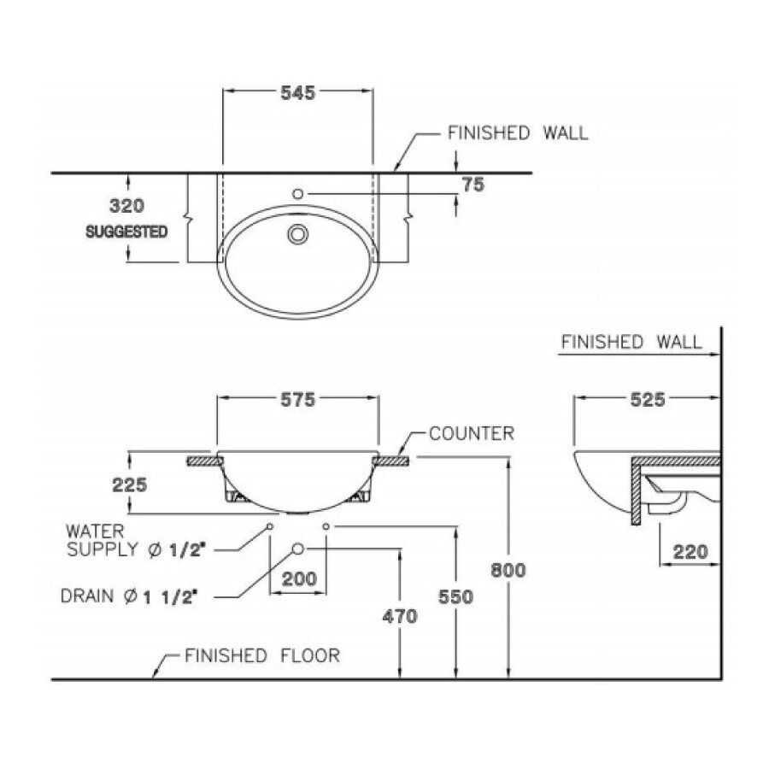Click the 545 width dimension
[297, 93]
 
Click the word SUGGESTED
[126, 232]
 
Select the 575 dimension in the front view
[298, 399]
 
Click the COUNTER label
[472, 434]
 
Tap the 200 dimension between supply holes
[299, 578]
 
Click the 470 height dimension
[399, 615]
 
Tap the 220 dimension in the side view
[690, 552]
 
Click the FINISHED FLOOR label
[262, 656]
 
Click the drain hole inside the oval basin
[298, 232]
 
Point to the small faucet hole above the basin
[297, 194]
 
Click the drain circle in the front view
[297, 549]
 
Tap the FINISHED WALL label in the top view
[518, 133]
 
